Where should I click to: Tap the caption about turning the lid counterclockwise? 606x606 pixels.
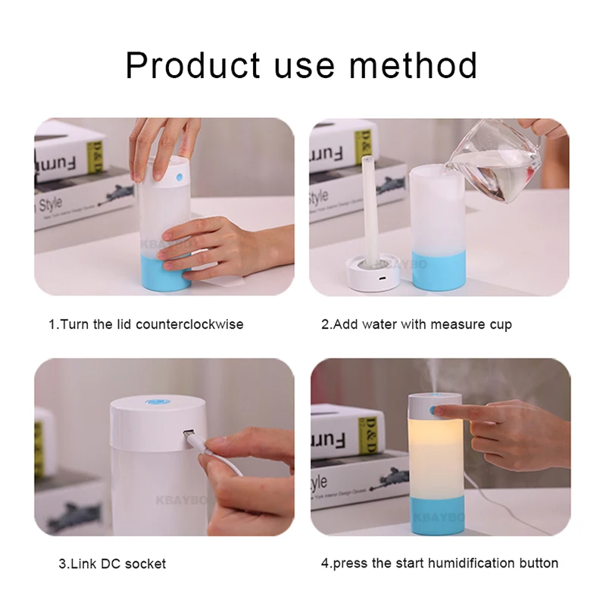(x=146, y=324)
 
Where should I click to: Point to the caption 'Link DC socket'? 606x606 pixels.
(x=112, y=564)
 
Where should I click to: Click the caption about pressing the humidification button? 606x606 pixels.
(x=439, y=563)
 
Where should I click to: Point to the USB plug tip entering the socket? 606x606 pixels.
(x=189, y=439)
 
